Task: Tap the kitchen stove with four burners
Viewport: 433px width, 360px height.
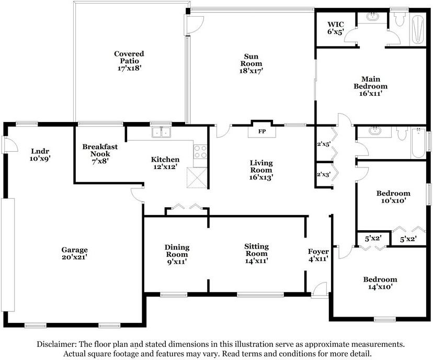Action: pyautogui.click(x=201, y=151)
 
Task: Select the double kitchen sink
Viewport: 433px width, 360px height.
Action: pyautogui.click(x=162, y=132)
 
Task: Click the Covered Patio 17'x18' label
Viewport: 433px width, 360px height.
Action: pyautogui.click(x=129, y=61)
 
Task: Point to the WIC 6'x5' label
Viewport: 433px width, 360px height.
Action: pyautogui.click(x=335, y=28)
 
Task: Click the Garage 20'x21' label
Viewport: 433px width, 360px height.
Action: pyautogui.click(x=74, y=253)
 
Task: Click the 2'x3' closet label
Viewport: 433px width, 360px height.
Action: pyautogui.click(x=324, y=175)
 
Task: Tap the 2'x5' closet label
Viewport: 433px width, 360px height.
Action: pyautogui.click(x=324, y=144)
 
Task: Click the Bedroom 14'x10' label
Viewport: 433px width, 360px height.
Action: pyautogui.click(x=380, y=283)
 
